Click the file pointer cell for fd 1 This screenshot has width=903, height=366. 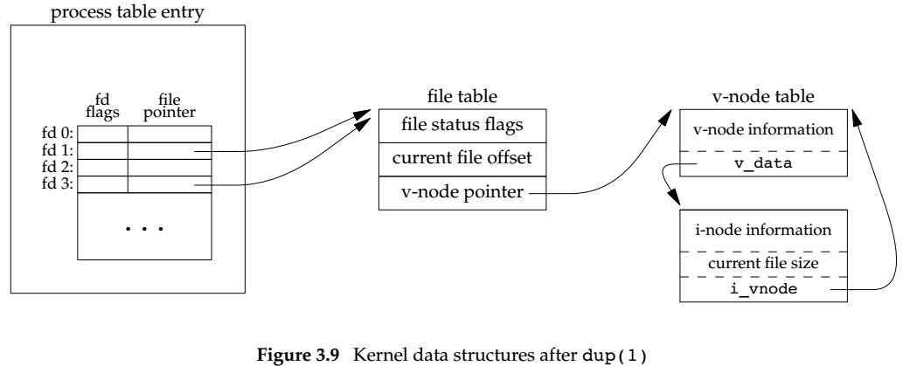tap(170, 151)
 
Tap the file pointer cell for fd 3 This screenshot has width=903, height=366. tap(170, 184)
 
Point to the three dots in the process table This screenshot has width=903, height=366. tap(144, 229)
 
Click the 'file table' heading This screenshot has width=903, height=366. tap(463, 95)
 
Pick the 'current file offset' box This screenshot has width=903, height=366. tap(463, 159)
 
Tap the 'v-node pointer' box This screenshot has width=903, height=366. tap(463, 192)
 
